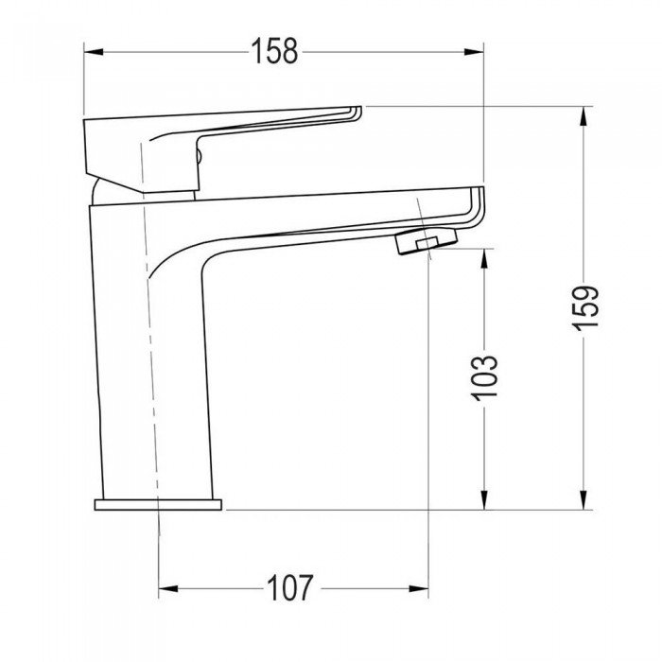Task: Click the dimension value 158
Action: [275, 51]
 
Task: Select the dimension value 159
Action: [584, 306]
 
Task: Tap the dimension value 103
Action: [484, 378]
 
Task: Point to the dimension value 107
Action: [290, 588]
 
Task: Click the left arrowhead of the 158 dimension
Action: [94, 52]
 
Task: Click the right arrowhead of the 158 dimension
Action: [474, 52]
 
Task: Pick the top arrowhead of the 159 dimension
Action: [584, 115]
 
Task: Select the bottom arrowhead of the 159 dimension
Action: [584, 500]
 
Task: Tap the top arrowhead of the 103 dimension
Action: [484, 257]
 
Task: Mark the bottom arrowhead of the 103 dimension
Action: [484, 500]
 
